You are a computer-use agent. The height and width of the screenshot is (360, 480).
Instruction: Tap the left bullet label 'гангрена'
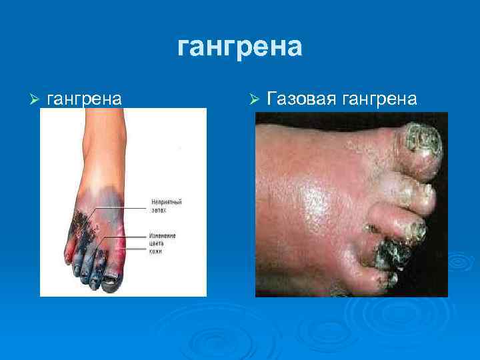point(84,99)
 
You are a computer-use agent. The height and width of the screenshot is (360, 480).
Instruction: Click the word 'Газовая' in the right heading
point(302,99)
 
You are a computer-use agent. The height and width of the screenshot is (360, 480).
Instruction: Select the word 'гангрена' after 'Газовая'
point(379,99)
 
